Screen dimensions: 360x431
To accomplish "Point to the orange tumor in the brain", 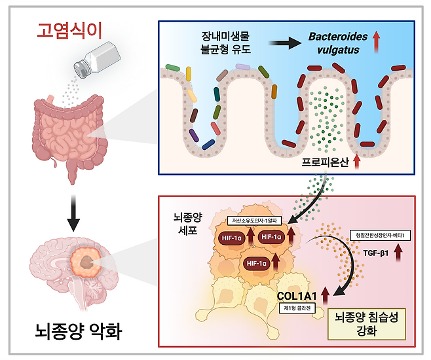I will point(86,262).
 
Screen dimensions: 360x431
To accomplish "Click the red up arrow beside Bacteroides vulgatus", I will point(378,44).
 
